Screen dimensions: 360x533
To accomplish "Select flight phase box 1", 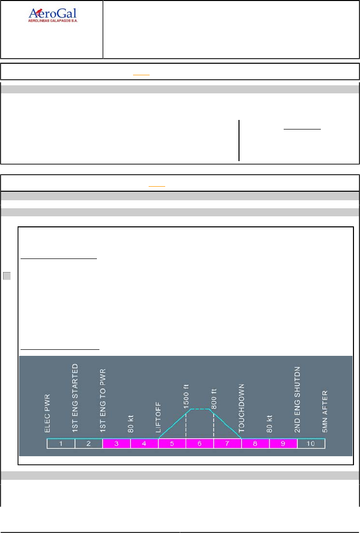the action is (61, 444).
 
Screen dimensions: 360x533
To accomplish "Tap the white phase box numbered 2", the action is (89, 444).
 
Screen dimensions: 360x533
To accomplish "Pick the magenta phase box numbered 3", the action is (116, 444).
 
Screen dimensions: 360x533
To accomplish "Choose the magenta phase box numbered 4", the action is (144, 444).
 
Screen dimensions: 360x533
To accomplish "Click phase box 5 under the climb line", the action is (172, 444).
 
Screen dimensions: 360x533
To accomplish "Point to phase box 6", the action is (199, 444).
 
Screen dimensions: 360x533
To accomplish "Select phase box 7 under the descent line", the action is (227, 444).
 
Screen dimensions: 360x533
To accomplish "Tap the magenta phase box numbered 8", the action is (255, 444).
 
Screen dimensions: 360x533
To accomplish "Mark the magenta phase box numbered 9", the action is (283, 444).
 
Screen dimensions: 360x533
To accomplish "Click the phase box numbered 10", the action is (311, 444).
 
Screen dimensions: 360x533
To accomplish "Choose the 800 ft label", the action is (214, 399).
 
